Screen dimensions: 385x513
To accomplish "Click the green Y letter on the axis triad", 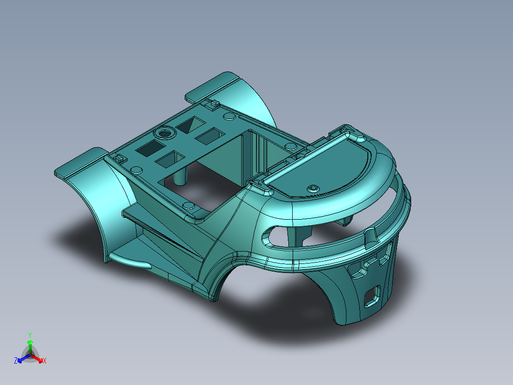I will pyautogui.click(x=30, y=335).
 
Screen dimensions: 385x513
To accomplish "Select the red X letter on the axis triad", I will pyautogui.click(x=45, y=361).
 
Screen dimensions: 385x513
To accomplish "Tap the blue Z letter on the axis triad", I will pyautogui.click(x=16, y=361).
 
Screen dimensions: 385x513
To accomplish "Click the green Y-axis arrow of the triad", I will pyautogui.click(x=30, y=345).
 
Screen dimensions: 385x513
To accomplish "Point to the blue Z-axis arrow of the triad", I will pyautogui.click(x=22, y=359).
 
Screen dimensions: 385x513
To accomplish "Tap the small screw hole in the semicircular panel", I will pyautogui.click(x=313, y=187).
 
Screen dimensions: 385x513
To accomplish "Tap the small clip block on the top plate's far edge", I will pyautogui.click(x=212, y=102).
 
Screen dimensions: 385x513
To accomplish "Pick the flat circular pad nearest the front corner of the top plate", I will pyautogui.click(x=189, y=206).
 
